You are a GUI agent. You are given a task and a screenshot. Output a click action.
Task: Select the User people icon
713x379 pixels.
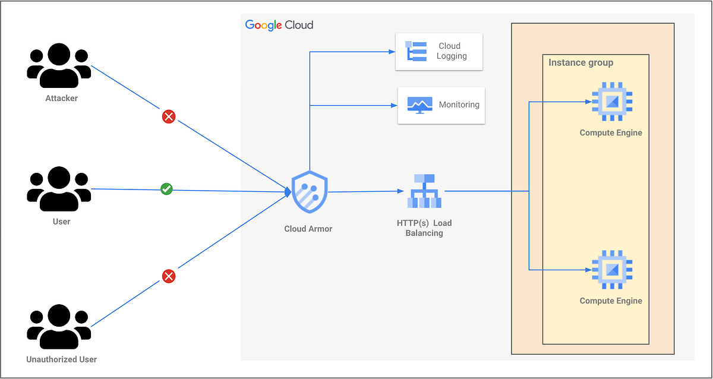coord(59,189)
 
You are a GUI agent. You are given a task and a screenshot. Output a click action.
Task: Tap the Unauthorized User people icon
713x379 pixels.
coord(59,327)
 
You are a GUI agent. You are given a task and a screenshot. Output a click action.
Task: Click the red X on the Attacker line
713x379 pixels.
coord(169,117)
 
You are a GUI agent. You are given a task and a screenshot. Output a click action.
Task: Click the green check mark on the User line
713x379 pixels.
coord(167,190)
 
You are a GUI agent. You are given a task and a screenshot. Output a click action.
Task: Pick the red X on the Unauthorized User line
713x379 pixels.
coord(169,276)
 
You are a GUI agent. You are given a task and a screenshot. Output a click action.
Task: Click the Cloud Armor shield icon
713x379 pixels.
coord(310,192)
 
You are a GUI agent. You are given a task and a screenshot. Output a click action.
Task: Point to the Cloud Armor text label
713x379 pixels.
coord(308,229)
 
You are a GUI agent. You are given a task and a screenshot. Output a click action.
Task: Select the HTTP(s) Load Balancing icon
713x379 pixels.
coord(424,191)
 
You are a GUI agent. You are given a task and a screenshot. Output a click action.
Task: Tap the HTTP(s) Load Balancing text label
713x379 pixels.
coord(424,228)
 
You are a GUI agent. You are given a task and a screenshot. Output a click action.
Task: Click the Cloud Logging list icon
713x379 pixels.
coord(416,52)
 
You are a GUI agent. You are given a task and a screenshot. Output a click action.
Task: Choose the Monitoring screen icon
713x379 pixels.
coord(419,105)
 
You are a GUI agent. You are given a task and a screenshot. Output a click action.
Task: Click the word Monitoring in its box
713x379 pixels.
coord(459,105)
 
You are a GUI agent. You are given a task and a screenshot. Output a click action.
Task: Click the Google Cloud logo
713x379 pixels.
coord(279,25)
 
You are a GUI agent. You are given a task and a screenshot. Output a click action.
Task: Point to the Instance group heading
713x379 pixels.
coord(581,62)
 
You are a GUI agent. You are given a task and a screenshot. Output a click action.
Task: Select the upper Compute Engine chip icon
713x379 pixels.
coord(611,102)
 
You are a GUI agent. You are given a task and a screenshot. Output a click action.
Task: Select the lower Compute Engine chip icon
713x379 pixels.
coord(611,270)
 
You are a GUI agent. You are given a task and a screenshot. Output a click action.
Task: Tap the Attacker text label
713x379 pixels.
coord(62,98)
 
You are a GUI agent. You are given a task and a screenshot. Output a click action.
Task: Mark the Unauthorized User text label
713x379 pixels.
coord(62,359)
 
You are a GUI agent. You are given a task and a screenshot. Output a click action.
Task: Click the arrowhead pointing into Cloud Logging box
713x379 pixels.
coord(392,52)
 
